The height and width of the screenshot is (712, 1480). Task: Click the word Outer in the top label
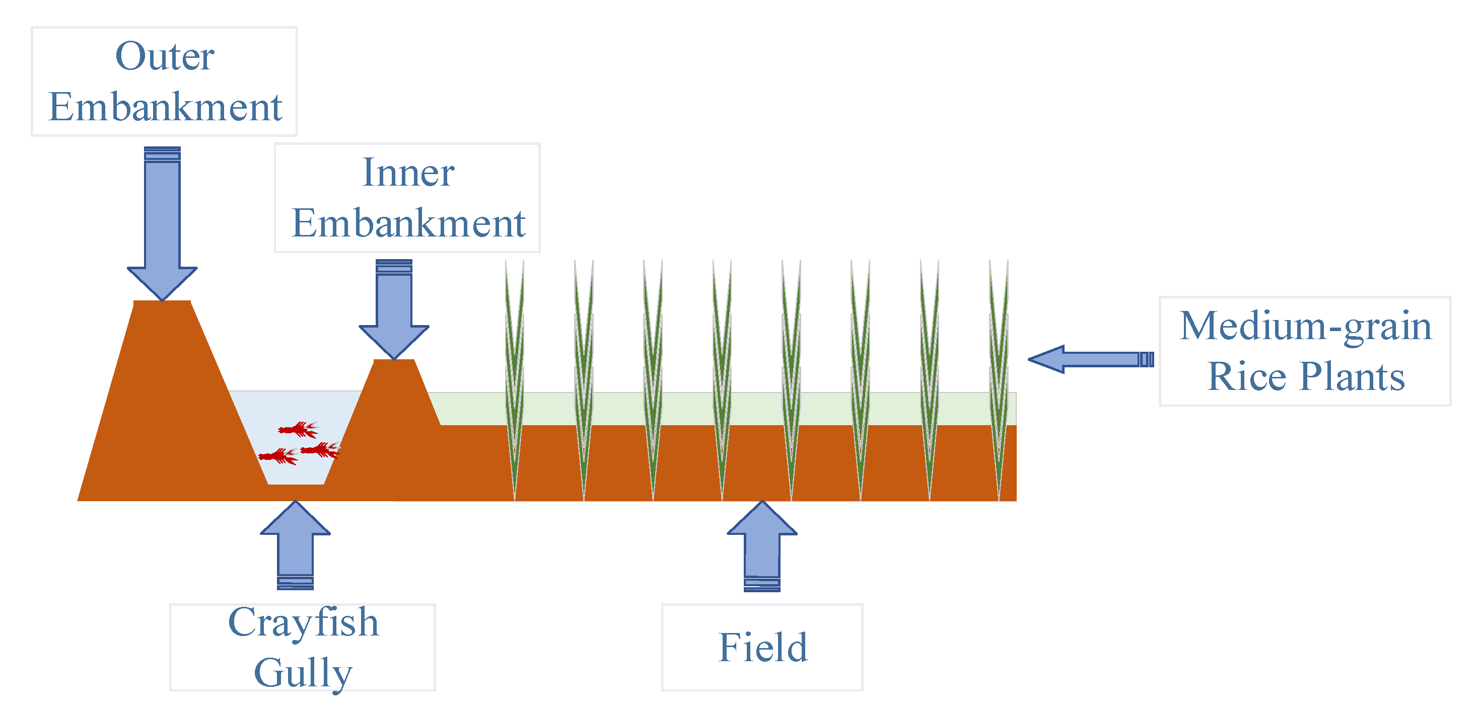click(165, 56)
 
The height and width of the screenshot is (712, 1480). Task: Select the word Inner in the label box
click(408, 172)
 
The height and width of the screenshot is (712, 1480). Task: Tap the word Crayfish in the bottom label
click(303, 622)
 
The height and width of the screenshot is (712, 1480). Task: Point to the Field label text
click(762, 647)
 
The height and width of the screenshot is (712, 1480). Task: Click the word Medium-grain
click(1305, 326)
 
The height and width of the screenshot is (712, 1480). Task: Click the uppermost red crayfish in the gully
click(298, 429)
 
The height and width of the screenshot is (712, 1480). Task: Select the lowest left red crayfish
click(278, 456)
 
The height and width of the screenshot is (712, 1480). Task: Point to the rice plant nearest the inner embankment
click(514, 373)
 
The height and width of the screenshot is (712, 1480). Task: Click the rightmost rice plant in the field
click(999, 373)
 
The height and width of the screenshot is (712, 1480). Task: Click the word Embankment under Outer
click(165, 107)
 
